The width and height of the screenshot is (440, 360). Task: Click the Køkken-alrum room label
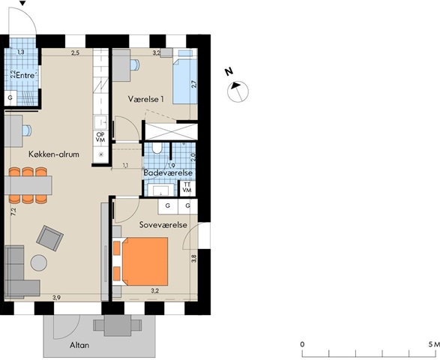(x=54, y=154)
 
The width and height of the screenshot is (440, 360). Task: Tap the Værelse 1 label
(x=146, y=99)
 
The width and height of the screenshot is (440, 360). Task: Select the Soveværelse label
(x=163, y=225)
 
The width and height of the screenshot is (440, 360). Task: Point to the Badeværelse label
(x=168, y=172)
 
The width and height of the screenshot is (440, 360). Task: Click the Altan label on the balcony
(x=79, y=345)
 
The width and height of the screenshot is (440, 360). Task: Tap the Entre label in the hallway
(x=27, y=76)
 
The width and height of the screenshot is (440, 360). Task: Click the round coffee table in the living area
(x=39, y=262)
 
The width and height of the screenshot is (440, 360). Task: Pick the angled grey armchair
(x=49, y=238)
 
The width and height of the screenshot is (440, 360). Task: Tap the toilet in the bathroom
(x=157, y=148)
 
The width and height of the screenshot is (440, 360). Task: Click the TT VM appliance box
(x=187, y=187)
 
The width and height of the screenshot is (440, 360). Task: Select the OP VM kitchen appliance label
(x=100, y=137)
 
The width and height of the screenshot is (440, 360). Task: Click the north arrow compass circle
(x=238, y=91)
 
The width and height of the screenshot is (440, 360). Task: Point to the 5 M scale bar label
(x=434, y=344)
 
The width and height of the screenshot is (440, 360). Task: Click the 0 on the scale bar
(x=302, y=344)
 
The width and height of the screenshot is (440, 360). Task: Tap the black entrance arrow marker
(x=23, y=3)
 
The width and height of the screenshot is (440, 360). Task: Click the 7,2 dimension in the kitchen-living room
(x=13, y=211)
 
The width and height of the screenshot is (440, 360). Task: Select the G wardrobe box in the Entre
(x=10, y=98)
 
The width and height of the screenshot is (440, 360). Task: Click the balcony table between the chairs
(x=118, y=325)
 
